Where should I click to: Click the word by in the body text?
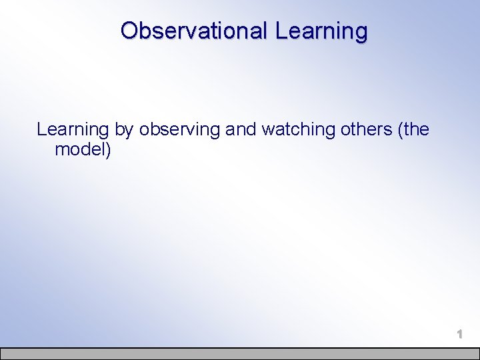pyautogui.click(x=123, y=129)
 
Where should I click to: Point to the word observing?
pyautogui.click(x=179, y=129)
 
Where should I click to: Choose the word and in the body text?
pyautogui.click(x=241, y=129)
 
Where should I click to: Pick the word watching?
pyautogui.click(x=298, y=129)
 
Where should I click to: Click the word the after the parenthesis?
pyautogui.click(x=416, y=129)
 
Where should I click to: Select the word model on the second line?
pyautogui.click(x=81, y=149)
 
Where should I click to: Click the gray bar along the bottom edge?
pyautogui.click(x=240, y=353)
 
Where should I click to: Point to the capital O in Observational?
pyautogui.click(x=129, y=31)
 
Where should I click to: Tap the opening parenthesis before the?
pyautogui.click(x=400, y=129)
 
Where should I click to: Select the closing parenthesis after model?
pyautogui.click(x=108, y=150)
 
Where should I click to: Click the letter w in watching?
pyautogui.click(x=267, y=129)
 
